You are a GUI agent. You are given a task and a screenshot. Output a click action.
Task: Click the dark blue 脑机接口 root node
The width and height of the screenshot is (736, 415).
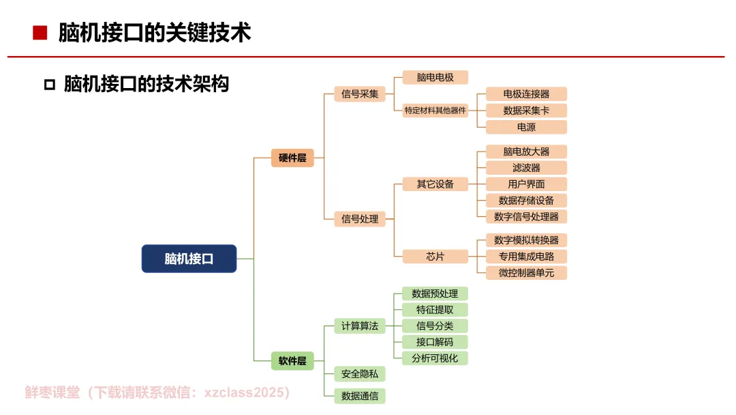(189, 259)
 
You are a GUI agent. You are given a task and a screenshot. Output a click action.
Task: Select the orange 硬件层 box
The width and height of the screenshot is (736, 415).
(292, 158)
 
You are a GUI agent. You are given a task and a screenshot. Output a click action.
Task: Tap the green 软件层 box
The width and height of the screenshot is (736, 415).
(292, 360)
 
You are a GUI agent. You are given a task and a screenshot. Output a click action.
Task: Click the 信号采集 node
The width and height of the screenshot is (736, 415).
(360, 94)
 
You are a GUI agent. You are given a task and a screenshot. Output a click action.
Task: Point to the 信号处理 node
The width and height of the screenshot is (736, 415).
(360, 219)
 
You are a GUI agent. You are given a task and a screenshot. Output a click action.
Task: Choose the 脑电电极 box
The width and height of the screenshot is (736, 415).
(435, 78)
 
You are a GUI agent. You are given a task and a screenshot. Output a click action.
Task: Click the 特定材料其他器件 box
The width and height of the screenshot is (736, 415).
(435, 111)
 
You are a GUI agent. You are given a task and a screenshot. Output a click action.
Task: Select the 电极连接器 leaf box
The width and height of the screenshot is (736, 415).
(526, 94)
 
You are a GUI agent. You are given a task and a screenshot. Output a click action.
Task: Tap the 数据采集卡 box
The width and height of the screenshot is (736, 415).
(526, 111)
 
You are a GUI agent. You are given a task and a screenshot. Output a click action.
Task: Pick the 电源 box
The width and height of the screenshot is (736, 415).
(526, 127)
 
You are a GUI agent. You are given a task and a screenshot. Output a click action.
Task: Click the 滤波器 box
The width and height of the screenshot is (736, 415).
(526, 168)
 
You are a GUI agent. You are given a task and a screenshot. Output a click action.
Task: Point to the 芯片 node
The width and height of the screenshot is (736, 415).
(435, 257)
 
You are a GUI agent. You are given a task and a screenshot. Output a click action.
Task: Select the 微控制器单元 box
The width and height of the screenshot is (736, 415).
(526, 273)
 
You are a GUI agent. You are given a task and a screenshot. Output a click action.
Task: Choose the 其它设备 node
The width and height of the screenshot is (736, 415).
(435, 184)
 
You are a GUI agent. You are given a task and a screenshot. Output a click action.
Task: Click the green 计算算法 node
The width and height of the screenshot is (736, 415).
(360, 326)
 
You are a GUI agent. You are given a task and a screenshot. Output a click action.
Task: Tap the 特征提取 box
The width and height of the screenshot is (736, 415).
(435, 310)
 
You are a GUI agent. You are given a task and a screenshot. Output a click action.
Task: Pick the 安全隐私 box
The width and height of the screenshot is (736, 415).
(360, 374)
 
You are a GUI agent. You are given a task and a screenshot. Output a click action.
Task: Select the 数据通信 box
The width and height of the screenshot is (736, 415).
(360, 395)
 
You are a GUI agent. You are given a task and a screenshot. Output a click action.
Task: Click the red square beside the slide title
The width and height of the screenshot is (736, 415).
(40, 32)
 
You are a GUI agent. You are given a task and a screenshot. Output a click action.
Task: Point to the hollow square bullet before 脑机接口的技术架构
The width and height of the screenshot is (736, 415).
(49, 85)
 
